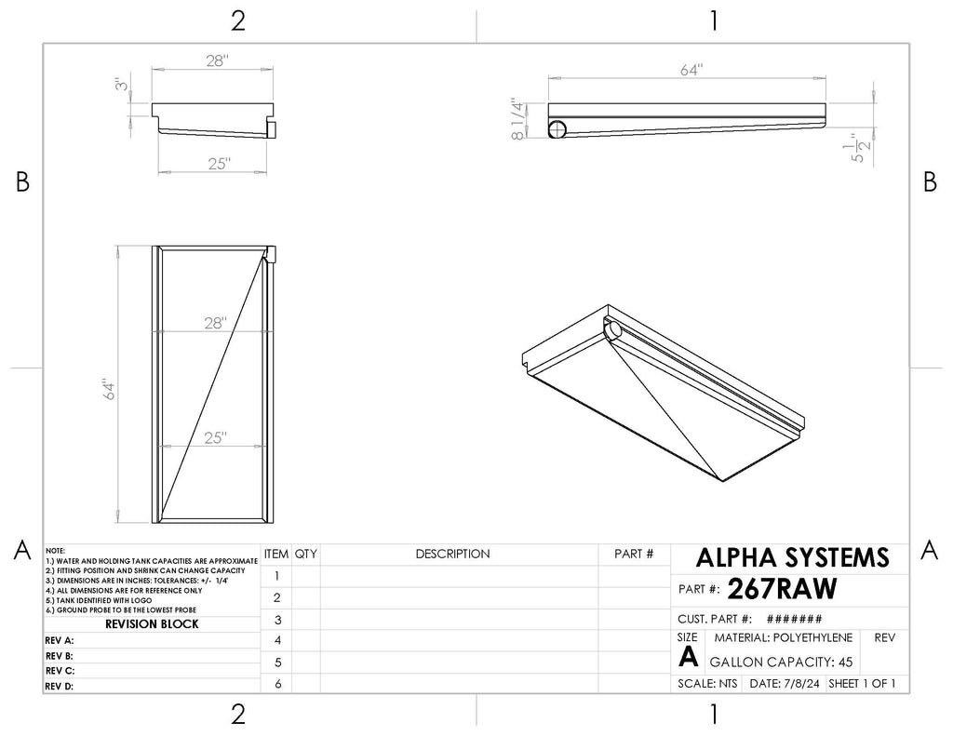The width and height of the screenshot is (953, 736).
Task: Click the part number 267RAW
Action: tap(782, 588)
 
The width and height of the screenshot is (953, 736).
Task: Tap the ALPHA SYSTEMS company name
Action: tap(793, 557)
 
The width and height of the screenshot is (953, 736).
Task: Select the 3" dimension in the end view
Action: tap(122, 84)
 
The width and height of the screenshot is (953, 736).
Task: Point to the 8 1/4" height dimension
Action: tap(517, 119)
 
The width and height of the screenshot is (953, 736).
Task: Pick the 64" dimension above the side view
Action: tap(691, 71)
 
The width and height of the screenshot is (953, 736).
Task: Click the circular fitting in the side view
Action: tap(557, 129)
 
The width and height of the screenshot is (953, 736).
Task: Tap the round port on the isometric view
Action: tap(613, 330)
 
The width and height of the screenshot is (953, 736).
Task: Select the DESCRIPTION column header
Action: tap(453, 555)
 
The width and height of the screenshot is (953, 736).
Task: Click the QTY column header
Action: tap(305, 555)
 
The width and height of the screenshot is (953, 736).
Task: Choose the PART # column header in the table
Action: tap(634, 555)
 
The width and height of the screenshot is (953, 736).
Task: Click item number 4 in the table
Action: tap(277, 640)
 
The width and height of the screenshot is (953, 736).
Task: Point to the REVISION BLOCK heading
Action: tap(152, 624)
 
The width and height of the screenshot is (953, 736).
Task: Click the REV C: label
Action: tap(60, 671)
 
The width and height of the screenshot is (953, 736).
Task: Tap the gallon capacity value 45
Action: tap(845, 662)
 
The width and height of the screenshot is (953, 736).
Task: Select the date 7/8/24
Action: tap(801, 684)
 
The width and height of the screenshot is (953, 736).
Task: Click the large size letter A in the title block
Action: tap(688, 657)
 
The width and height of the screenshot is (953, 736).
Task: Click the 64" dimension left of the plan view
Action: tap(109, 389)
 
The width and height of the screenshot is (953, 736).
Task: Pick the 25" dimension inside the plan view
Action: tap(215, 437)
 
